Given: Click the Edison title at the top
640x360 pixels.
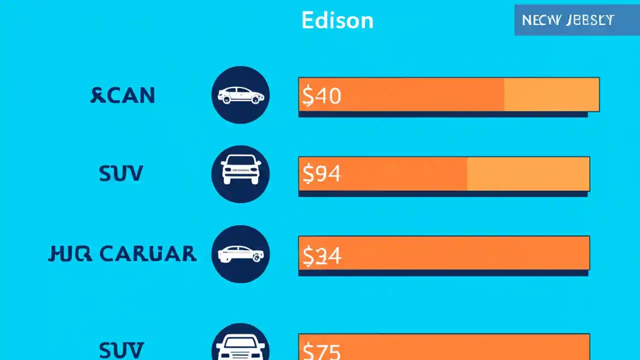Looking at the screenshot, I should tap(337, 20).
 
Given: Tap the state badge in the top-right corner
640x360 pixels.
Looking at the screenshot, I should tap(568, 20).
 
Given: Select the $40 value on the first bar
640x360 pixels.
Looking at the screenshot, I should tap(321, 95).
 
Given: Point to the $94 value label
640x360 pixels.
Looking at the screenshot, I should tap(321, 174).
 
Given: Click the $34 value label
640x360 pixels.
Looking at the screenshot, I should tap(321, 255).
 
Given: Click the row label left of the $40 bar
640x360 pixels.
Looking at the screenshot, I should tap(123, 95).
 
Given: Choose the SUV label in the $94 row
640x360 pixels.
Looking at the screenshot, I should tap(121, 173).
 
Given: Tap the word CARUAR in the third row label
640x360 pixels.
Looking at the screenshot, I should tap(148, 254).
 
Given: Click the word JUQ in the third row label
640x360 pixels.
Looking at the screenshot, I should tap(70, 254).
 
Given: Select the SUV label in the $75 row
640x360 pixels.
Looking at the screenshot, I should tap(121, 349).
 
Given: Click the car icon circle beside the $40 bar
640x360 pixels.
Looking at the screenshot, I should tap(240, 95).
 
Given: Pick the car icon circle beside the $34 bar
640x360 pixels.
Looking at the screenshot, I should tap(240, 254).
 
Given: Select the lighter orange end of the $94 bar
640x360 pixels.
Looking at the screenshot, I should tap(528, 173).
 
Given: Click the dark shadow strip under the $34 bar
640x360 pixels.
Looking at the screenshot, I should tap(443, 273).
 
